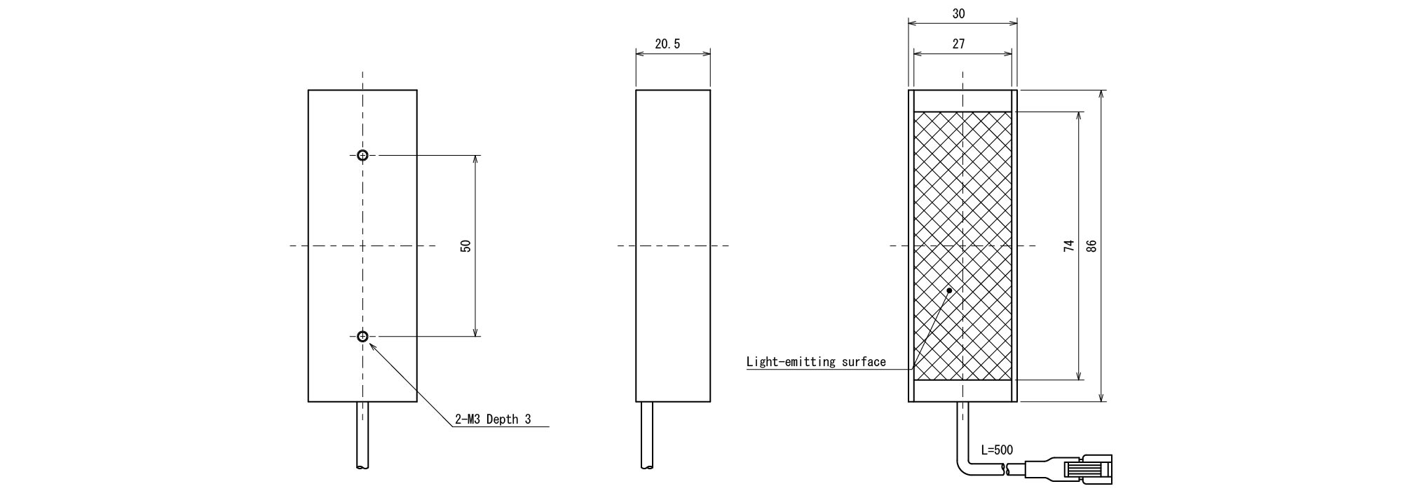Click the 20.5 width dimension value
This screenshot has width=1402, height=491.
click(x=667, y=44)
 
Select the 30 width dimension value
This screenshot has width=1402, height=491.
click(x=958, y=14)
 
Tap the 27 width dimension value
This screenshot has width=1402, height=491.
click(x=958, y=43)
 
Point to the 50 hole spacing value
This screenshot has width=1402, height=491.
click(x=466, y=246)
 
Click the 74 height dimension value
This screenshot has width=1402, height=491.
click(x=1068, y=246)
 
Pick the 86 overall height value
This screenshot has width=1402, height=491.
click(x=1091, y=246)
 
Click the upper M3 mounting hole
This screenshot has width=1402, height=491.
click(x=362, y=156)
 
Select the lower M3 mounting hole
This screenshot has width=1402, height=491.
click(x=362, y=337)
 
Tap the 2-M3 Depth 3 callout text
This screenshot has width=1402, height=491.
click(x=493, y=419)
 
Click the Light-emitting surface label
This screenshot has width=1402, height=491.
click(x=816, y=362)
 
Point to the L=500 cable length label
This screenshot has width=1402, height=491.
click(x=996, y=450)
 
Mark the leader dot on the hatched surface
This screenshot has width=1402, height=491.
click(x=950, y=290)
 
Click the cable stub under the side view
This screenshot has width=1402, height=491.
click(x=646, y=435)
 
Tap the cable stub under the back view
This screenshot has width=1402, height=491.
click(x=362, y=435)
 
